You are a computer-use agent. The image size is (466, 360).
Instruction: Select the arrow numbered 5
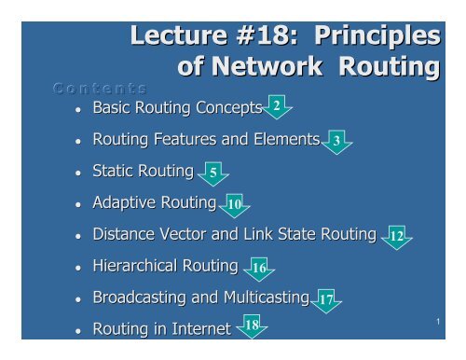pyautogui.click(x=213, y=173)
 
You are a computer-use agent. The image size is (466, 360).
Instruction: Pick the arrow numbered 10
pyautogui.click(x=235, y=204)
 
